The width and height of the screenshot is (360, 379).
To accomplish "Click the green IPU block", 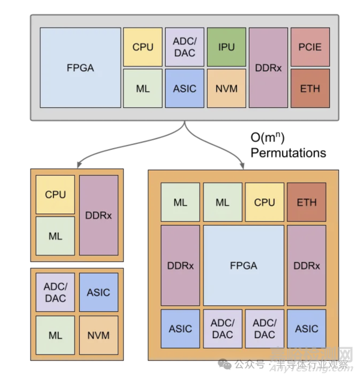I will (226, 47).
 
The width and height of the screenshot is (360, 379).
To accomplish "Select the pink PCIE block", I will (310, 47).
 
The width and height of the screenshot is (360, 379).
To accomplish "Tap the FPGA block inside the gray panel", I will (80, 67).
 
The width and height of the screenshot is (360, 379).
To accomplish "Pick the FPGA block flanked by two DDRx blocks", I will (243, 265).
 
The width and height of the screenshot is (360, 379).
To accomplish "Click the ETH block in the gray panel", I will (310, 88).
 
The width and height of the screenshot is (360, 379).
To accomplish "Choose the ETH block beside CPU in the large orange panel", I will (306, 202).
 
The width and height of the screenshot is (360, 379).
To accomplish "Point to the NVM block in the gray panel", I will (226, 88).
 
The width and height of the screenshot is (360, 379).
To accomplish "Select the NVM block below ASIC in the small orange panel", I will (98, 335).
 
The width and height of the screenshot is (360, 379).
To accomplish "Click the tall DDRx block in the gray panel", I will (268, 67).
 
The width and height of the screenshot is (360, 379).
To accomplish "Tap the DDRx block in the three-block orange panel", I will (98, 215).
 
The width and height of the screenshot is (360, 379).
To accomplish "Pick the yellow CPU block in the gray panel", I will (142, 47).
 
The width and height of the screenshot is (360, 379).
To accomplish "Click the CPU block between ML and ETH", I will (264, 202).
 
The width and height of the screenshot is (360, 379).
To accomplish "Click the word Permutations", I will (288, 153).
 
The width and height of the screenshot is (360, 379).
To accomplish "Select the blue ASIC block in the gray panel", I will (184, 88).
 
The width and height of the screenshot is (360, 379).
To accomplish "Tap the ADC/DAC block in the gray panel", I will (184, 47).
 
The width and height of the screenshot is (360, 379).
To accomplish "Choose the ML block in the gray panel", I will (142, 88).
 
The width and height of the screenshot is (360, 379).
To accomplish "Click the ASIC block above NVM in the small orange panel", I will (98, 293).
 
